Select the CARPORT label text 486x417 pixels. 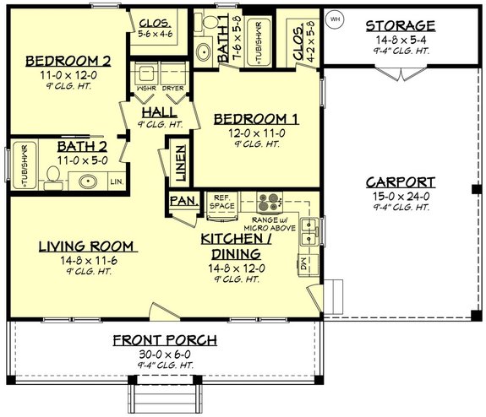tap(401, 181)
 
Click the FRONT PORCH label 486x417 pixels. tap(166, 340)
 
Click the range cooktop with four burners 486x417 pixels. tap(269, 203)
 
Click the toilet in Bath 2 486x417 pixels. tap(52, 176)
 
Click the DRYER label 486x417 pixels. tap(173, 88)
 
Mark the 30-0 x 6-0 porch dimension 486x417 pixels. tap(166, 354)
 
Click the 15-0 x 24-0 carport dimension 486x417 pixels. tap(401, 196)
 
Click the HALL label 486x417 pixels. tap(159, 111)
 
